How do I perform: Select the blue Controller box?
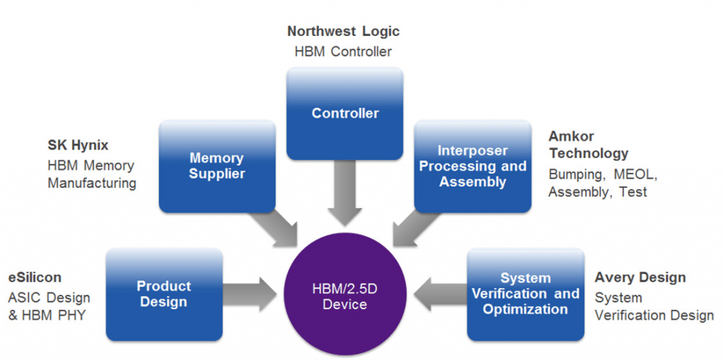[x=345, y=113]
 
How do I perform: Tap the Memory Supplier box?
[x=216, y=167]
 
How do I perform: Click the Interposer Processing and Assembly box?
[x=472, y=167]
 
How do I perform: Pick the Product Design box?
[x=163, y=294]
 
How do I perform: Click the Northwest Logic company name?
[x=343, y=32]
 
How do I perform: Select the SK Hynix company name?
[x=78, y=145]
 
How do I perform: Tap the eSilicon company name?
[x=35, y=277]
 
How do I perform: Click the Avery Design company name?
[x=640, y=277]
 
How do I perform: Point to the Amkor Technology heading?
[x=588, y=145]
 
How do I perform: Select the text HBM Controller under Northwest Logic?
[x=343, y=52]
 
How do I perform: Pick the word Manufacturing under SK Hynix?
[x=92, y=184]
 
